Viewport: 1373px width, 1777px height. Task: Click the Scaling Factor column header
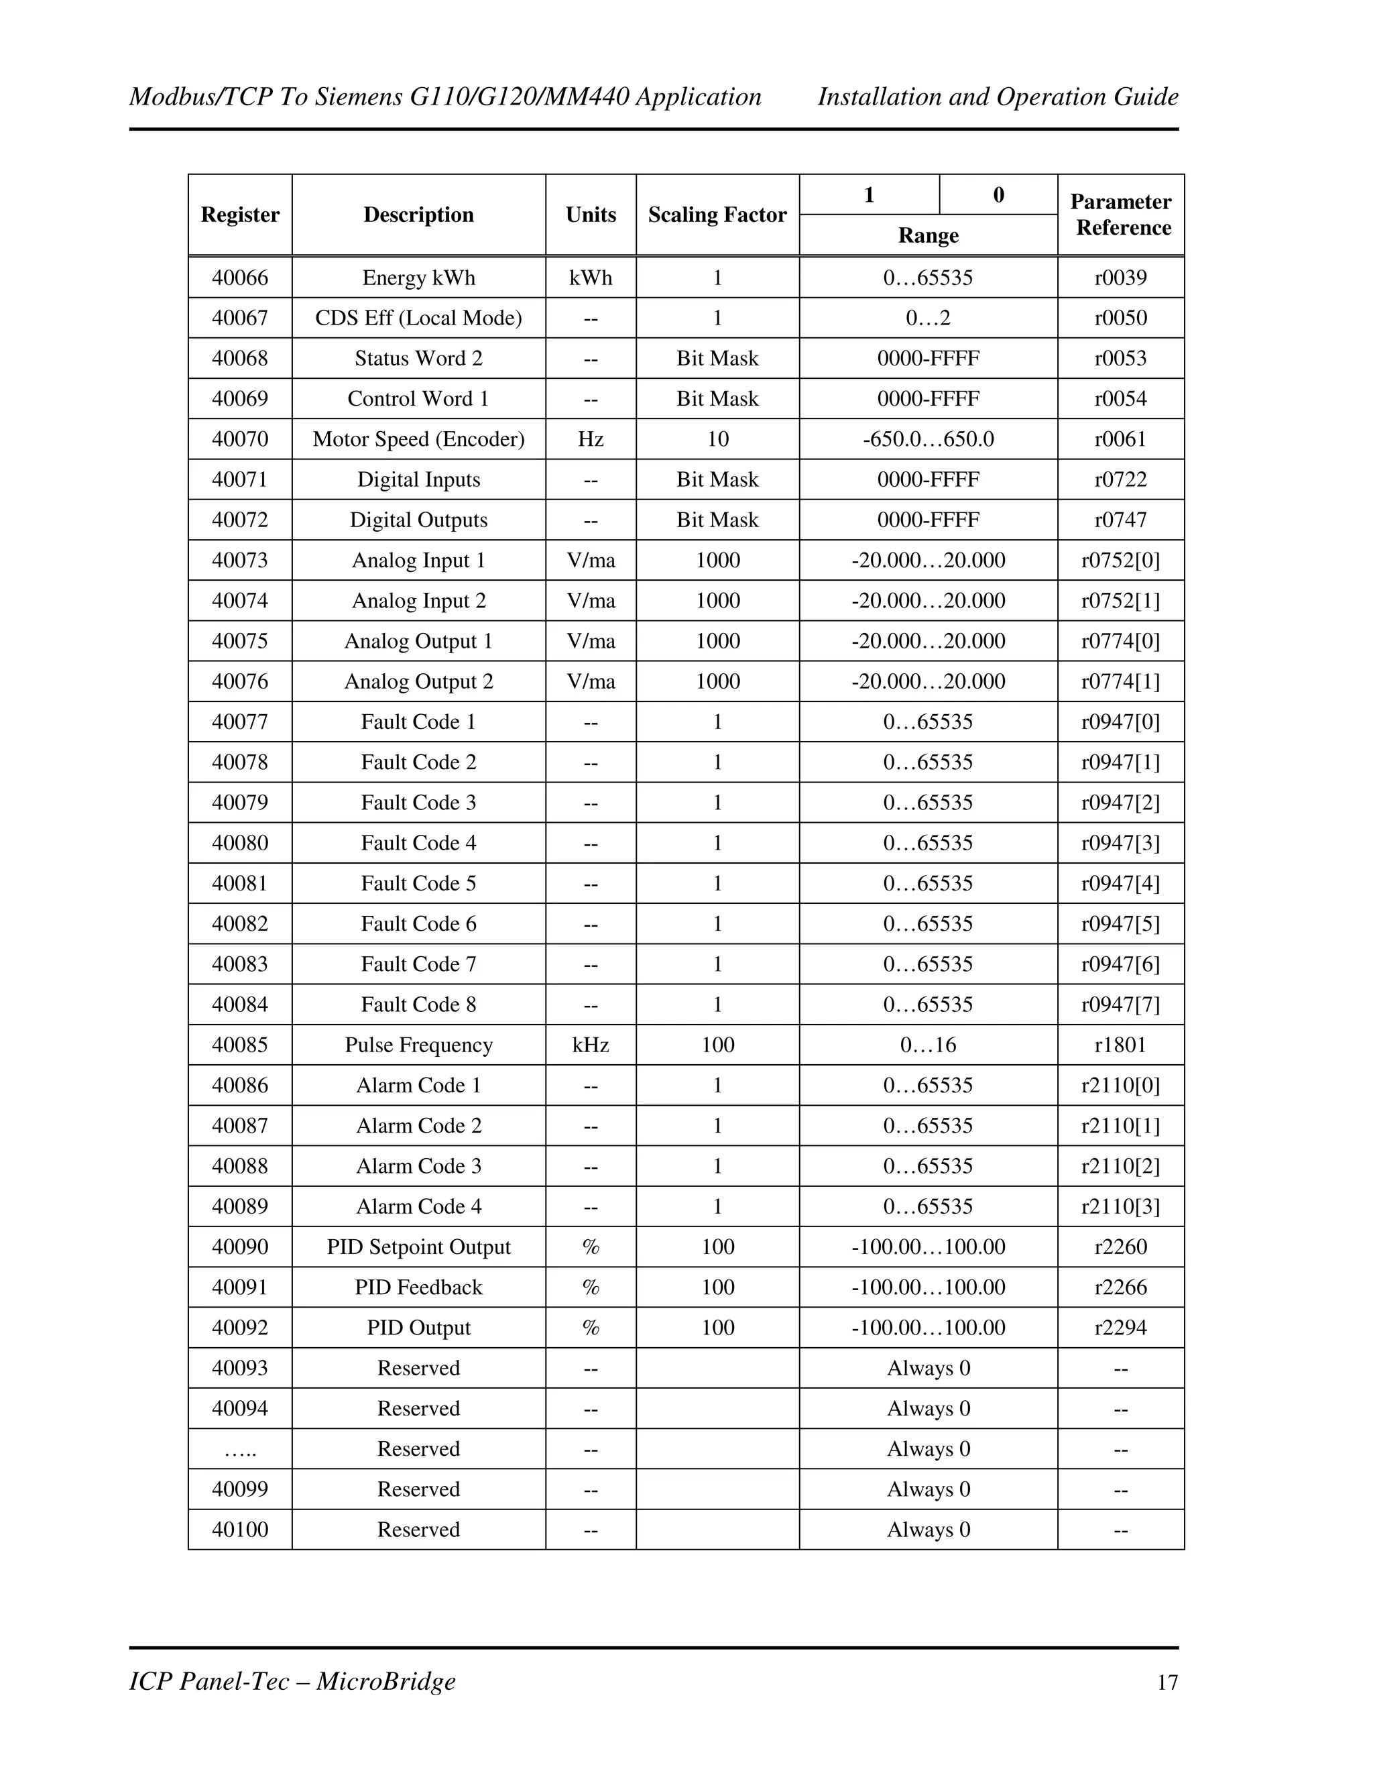pos(717,215)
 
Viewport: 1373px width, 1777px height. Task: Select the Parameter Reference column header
pos(1120,215)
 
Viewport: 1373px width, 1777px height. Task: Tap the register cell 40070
pos(240,439)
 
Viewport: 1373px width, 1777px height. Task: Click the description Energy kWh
pos(418,278)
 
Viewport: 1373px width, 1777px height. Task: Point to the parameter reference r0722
pos(1120,480)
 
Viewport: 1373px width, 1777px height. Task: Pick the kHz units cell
pos(591,1045)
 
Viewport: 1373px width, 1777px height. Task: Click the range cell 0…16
pos(927,1045)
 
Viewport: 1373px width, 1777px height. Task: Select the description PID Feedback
pos(418,1287)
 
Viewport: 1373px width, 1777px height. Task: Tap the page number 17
pos(1167,1682)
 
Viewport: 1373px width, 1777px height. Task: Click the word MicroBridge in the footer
pos(385,1681)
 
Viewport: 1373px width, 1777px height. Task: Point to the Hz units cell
pos(591,439)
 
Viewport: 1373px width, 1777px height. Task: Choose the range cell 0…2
pos(927,318)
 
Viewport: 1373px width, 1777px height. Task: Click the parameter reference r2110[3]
pos(1120,1206)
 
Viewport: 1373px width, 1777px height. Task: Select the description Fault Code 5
pos(418,884)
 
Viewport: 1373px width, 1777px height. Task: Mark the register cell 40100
pos(240,1530)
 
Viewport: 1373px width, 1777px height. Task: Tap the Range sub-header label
pos(927,236)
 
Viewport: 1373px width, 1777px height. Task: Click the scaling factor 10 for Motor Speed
pos(717,439)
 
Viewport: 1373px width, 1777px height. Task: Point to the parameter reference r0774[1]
pos(1120,682)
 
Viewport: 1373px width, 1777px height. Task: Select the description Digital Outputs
pos(418,520)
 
